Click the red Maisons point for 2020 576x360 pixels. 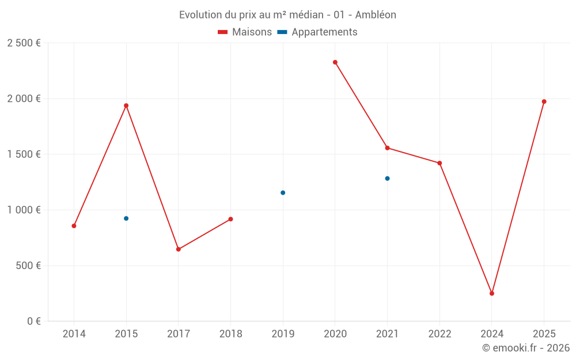tap(335, 62)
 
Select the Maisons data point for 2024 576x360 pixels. tap(492, 293)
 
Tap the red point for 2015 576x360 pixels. tap(126, 105)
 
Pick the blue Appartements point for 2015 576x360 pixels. tap(126, 218)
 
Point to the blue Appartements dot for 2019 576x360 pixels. tap(283, 192)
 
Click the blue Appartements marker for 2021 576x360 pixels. tap(388, 179)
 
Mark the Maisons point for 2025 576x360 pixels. tap(544, 101)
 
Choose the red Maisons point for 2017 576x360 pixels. tap(179, 249)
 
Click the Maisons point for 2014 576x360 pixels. tap(74, 226)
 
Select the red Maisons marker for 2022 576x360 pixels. tap(439, 163)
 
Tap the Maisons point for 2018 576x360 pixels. tap(230, 219)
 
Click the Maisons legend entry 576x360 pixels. tap(245, 32)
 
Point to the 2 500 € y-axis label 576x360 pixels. tap(24, 43)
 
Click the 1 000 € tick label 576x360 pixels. tap(24, 210)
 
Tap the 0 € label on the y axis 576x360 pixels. tap(33, 321)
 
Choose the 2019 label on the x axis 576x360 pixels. tap(283, 334)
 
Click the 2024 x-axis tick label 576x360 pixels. tap(492, 334)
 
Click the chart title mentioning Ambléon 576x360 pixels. tap(287, 15)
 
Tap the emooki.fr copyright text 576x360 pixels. tap(525, 348)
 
